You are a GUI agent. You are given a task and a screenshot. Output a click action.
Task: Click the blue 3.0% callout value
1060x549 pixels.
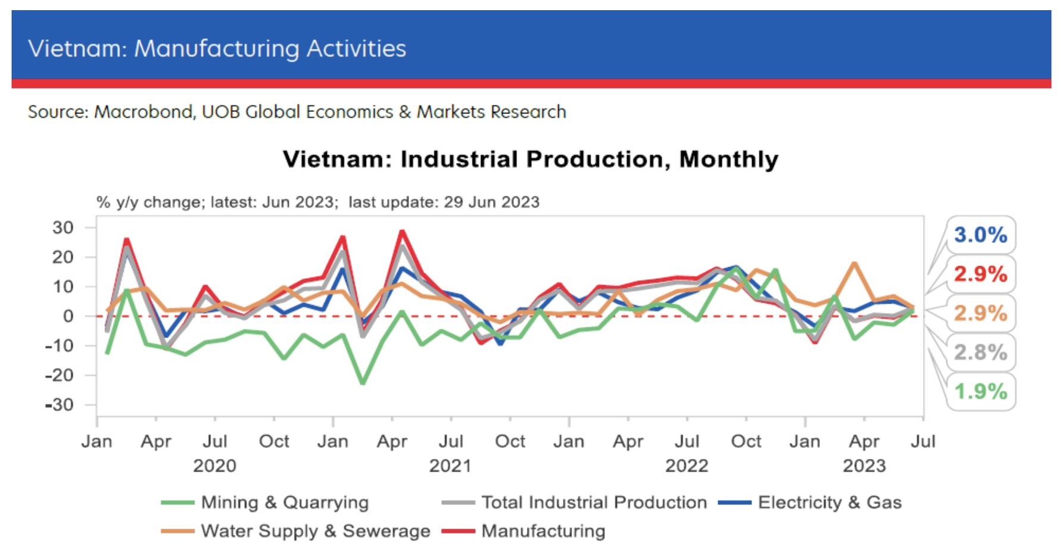coord(980,235)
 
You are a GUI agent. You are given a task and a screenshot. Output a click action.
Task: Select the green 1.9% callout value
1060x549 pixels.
coord(980,391)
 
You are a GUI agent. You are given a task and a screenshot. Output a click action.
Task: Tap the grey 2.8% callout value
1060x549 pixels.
coord(980,352)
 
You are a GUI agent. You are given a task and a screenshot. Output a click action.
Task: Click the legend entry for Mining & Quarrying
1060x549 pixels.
coord(285,503)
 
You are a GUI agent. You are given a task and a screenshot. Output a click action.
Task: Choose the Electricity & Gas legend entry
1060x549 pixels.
coord(829,503)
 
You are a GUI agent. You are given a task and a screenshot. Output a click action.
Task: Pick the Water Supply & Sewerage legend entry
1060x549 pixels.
coord(315,531)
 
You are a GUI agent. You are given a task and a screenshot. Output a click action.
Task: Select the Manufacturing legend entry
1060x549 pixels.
coord(543,531)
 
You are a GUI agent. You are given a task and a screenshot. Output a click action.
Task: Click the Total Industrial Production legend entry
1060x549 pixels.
coord(593,503)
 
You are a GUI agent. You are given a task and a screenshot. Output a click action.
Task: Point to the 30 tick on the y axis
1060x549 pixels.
coord(63,227)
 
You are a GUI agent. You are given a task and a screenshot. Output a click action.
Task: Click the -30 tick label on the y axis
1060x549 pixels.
coord(60,405)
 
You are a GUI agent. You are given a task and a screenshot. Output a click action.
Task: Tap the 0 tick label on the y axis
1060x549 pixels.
coord(68,316)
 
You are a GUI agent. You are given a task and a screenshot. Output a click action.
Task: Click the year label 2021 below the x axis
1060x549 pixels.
coord(450,466)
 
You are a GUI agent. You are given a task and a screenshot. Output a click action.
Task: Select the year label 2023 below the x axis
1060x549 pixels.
coord(863,466)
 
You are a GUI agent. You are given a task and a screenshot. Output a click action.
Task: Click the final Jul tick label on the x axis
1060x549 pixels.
coord(922,441)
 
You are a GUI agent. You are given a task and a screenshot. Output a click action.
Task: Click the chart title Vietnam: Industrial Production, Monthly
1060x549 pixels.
coord(530,159)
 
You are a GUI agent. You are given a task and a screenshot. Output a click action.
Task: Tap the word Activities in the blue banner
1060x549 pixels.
coord(356,48)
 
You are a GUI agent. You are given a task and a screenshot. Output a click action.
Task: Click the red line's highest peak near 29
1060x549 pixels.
coord(402,231)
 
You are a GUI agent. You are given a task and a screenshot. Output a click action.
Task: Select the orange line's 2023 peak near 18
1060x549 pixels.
coord(855,263)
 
